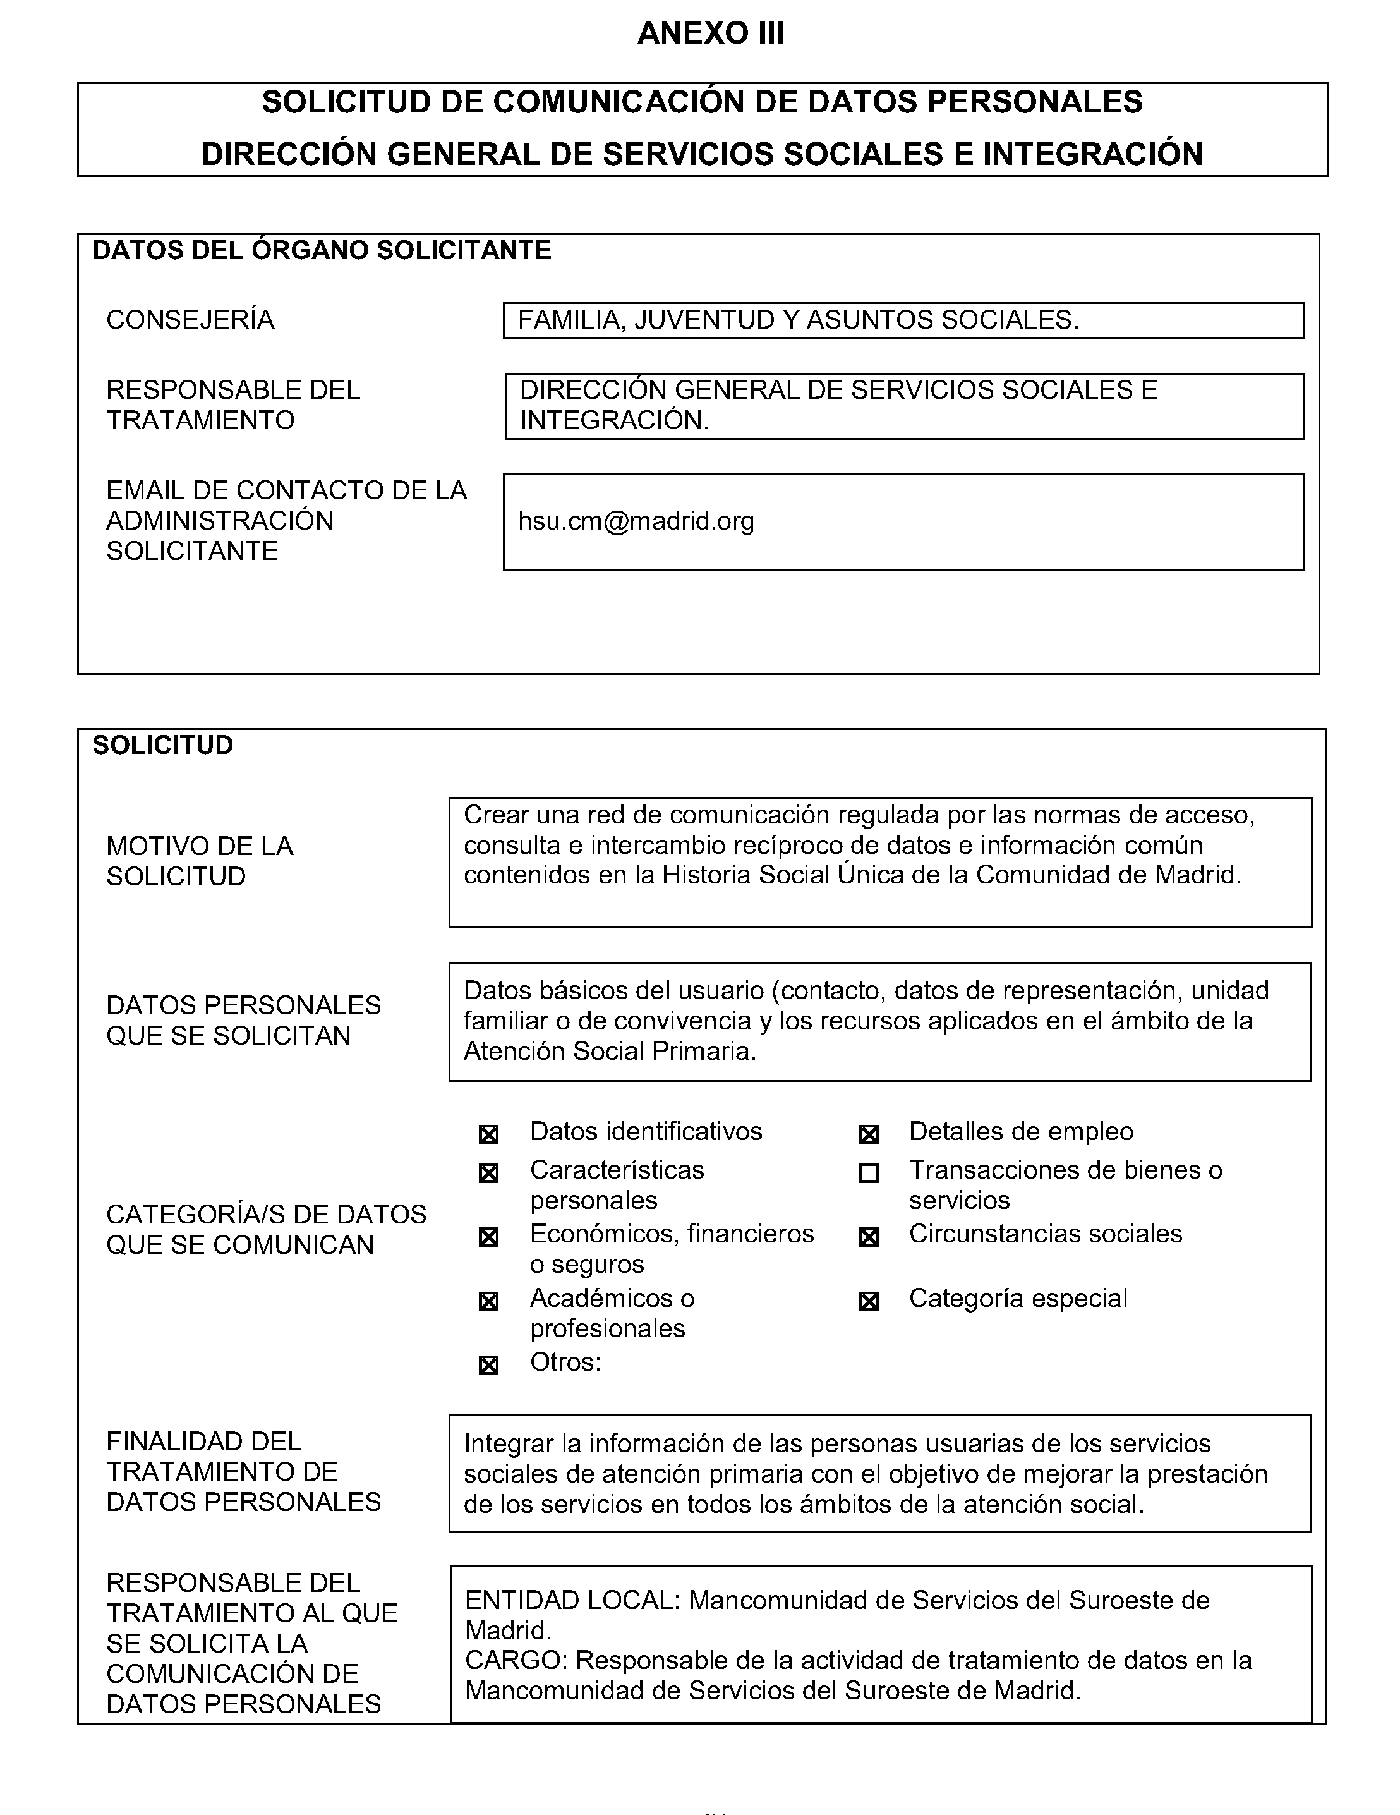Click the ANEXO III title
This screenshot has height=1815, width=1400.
click(710, 33)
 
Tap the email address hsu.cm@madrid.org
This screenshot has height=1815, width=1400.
click(636, 521)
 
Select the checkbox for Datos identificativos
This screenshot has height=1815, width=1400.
click(488, 1134)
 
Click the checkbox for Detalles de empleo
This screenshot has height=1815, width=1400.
click(868, 1134)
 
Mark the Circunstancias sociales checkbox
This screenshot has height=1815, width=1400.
click(868, 1237)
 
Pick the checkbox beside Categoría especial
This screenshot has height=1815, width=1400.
click(868, 1301)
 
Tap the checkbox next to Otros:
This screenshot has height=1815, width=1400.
click(488, 1366)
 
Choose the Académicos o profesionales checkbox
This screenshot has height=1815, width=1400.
click(488, 1301)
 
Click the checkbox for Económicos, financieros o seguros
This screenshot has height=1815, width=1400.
click(488, 1237)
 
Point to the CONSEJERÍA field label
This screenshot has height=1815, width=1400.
click(190, 320)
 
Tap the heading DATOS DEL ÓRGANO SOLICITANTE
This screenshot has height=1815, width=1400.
click(322, 250)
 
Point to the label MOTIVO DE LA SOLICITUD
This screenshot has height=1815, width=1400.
click(200, 861)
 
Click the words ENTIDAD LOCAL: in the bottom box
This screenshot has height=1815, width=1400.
click(572, 1600)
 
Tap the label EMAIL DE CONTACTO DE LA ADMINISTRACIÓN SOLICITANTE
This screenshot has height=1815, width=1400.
click(287, 520)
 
